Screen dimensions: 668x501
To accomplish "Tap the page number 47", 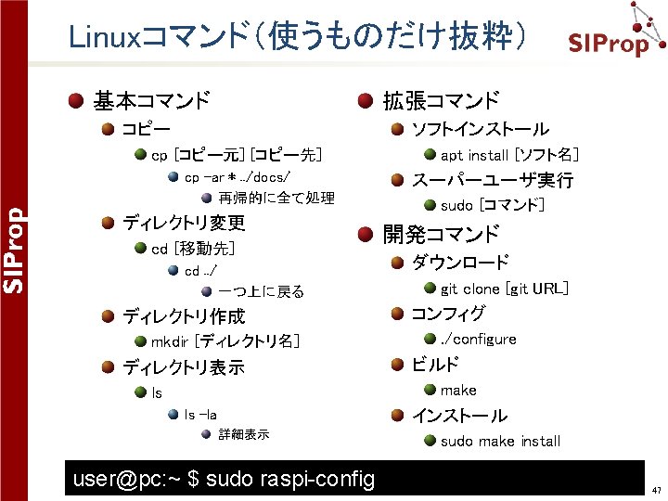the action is pyautogui.click(x=656, y=490).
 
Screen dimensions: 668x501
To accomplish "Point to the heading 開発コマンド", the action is pyautogui.click(x=441, y=235).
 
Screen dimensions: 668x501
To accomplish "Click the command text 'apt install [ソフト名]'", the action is pyautogui.click(x=509, y=155).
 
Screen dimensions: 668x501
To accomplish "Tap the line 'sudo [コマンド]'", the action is pyautogui.click(x=492, y=205).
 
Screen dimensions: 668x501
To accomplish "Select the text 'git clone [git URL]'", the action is pyautogui.click(x=504, y=289).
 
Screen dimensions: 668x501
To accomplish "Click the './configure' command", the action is pyautogui.click(x=478, y=340).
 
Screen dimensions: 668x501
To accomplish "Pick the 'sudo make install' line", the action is pyautogui.click(x=500, y=441).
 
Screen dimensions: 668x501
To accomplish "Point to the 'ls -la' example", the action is pyautogui.click(x=200, y=415).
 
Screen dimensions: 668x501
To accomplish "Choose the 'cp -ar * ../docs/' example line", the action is pyautogui.click(x=238, y=177).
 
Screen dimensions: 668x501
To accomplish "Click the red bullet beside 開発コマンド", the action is pyautogui.click(x=366, y=235).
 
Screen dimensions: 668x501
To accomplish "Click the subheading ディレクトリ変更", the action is pyautogui.click(x=184, y=223).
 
